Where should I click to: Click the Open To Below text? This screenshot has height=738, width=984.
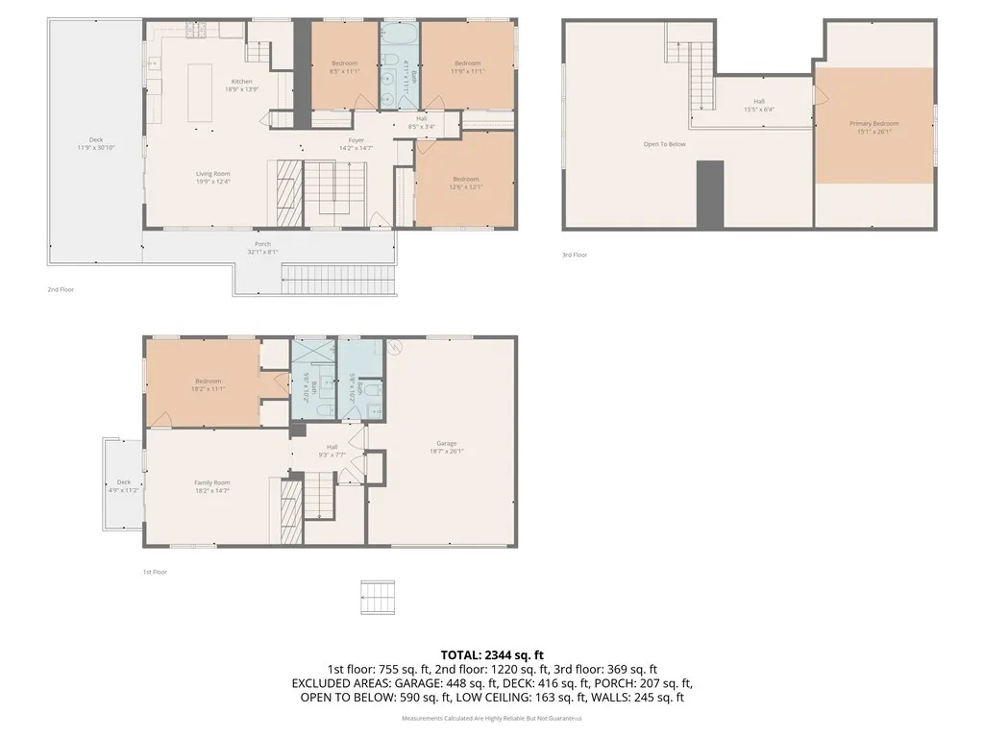[x=664, y=144]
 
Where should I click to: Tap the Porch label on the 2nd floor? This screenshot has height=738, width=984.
[x=262, y=248]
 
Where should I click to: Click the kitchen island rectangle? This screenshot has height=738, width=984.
[x=200, y=92]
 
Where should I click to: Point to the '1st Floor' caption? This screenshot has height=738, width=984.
[x=155, y=572]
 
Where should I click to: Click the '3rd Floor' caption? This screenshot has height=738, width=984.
[x=575, y=255]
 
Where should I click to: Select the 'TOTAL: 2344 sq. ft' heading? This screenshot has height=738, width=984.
[x=491, y=653]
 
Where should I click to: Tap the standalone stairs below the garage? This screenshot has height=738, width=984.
[x=378, y=597]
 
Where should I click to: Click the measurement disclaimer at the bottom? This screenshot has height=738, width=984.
[x=491, y=718]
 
